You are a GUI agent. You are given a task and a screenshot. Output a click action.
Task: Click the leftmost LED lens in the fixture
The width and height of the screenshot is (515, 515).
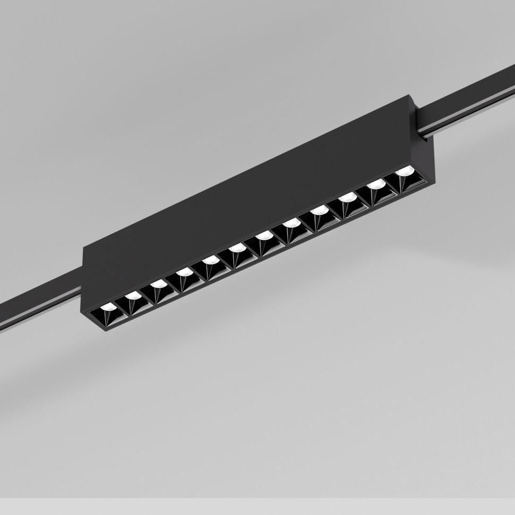(108, 307)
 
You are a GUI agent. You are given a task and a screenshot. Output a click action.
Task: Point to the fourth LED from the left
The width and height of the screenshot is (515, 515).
(184, 272)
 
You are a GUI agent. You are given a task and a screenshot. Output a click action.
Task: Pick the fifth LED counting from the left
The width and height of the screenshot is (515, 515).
(210, 260)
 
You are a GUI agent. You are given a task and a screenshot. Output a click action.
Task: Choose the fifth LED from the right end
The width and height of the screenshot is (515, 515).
(290, 223)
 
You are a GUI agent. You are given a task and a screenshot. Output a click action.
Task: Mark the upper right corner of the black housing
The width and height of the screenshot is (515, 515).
(413, 96)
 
